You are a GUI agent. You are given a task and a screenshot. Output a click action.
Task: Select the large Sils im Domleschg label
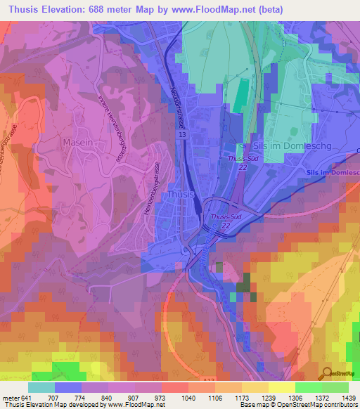(x=276, y=145)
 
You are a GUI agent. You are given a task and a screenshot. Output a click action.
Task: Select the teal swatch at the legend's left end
(x=41, y=387)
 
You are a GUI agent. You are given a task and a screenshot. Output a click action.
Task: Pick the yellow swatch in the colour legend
(x=281, y=387)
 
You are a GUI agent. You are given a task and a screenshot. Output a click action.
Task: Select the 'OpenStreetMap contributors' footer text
(x=320, y=405)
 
